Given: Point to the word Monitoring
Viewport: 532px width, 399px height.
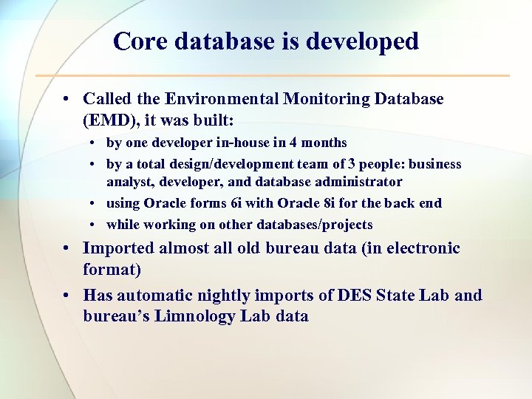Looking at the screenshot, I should click(329, 99).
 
